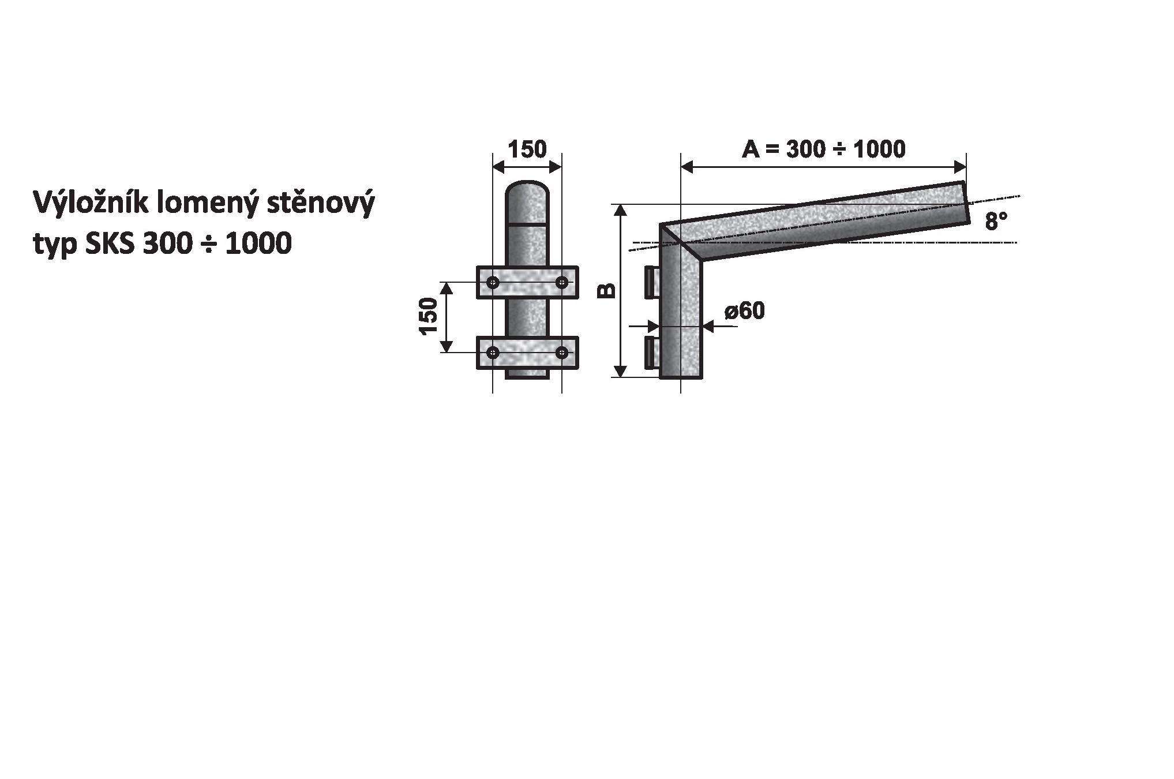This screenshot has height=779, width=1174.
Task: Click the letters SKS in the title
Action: pos(110,244)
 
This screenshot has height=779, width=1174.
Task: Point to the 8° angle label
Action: pos(996,221)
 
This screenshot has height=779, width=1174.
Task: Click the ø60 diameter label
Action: pos(745,311)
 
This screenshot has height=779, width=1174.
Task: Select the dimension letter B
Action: pos(606,291)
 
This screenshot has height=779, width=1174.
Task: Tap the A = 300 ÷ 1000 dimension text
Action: pos(823,149)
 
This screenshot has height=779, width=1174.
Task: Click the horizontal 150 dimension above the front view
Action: pos(527,149)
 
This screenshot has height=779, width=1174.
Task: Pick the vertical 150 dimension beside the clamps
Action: pos(429,316)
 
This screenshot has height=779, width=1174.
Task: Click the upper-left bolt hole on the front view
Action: pos(493,282)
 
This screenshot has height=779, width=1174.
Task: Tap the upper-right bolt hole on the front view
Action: pos(561,282)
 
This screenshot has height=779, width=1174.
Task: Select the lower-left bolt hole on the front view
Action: pos(493,352)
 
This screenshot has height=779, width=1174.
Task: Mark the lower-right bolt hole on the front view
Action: pos(561,352)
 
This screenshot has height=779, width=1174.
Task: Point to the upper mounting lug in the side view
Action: pos(652,282)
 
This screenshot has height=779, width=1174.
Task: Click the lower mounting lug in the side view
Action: pos(652,352)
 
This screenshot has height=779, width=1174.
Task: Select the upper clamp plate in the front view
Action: pos(527,282)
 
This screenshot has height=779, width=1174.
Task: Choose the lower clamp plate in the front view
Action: pos(527,352)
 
